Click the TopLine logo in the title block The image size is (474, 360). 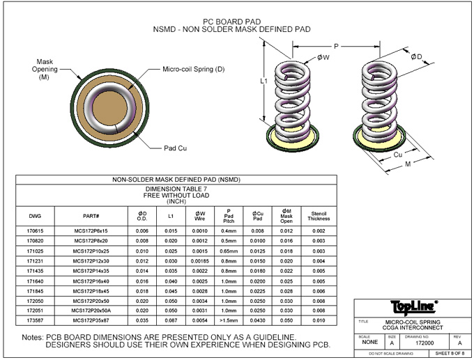(x=411, y=306)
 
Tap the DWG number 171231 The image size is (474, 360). (x=36, y=259)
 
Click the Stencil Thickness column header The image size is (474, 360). (x=319, y=216)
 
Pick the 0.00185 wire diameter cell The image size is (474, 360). (x=200, y=259)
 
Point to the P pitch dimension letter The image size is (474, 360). (x=336, y=45)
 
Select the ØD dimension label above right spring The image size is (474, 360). (x=415, y=56)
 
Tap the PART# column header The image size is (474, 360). (x=91, y=216)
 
